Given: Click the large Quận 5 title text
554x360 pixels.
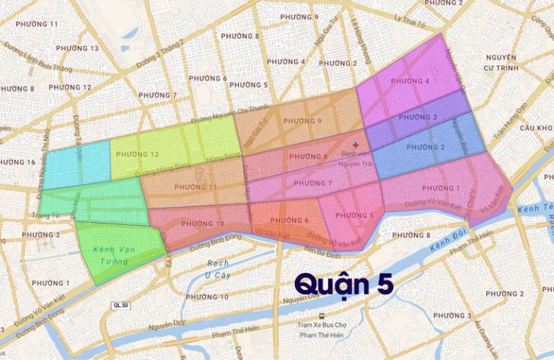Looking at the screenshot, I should click(x=343, y=284).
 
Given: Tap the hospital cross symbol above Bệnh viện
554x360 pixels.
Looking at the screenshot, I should click(x=355, y=144).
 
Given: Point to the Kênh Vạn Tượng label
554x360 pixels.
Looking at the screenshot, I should click(x=113, y=255).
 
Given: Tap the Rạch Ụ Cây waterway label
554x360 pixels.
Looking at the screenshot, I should click(x=216, y=268).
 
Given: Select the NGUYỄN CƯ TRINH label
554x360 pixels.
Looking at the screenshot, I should click(x=501, y=62).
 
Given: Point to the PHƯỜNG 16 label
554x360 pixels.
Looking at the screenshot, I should click(x=16, y=162).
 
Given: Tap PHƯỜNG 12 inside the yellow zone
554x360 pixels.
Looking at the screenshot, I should click(x=136, y=154).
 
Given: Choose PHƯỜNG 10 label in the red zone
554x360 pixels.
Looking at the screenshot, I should click(x=203, y=224).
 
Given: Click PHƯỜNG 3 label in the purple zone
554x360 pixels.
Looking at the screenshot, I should click(x=418, y=117).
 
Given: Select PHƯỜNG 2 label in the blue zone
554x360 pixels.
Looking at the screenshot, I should click(x=426, y=147).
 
